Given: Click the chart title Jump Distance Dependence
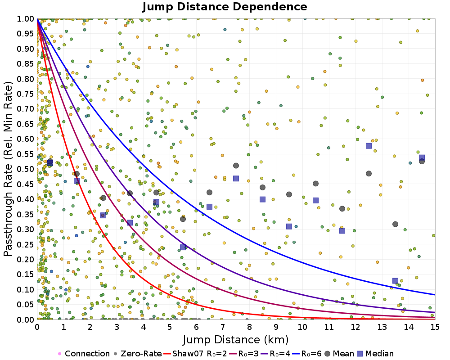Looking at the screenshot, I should pos(225,7).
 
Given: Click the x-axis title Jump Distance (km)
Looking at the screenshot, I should pos(235,339).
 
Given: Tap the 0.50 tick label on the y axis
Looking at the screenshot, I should pos(26,169).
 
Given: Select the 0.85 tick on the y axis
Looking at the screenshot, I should pos(26,64).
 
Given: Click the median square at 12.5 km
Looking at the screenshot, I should pos(369,146).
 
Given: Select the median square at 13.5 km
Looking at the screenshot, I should pos(395,281).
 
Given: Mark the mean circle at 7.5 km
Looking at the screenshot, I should pos(236,166).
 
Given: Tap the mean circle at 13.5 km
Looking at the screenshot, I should pos(395,224).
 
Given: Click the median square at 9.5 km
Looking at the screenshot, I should pos(289,226).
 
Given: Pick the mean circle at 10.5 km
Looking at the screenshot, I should pos(315,184).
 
